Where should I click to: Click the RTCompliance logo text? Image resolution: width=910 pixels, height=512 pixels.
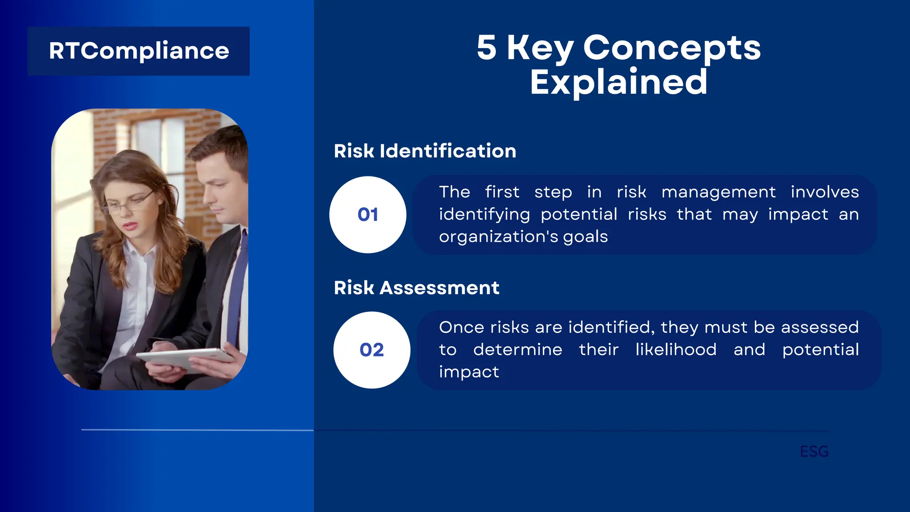coord(139,51)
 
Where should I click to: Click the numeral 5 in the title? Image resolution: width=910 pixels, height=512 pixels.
coord(486,48)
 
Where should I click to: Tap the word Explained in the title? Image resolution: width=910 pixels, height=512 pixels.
coord(619,82)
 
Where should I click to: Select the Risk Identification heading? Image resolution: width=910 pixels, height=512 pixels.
coord(425,151)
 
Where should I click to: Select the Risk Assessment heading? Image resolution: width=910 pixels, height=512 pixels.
coord(416,288)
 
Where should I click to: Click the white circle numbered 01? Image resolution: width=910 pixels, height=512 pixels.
coord(367,215)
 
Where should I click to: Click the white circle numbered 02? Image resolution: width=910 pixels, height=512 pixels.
coord(371,350)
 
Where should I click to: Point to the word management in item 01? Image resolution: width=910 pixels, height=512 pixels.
coord(718,192)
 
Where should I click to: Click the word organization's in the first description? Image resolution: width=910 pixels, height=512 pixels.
coord(498,236)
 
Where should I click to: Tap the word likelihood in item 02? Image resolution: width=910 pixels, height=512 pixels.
coord(675,349)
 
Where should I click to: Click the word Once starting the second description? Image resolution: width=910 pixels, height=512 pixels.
coord(461,327)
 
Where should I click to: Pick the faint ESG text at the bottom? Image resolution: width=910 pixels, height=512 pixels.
coord(814,452)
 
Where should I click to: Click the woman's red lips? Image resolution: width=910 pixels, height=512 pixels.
coord(130,226)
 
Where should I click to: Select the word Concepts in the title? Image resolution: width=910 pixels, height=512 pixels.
coord(671,48)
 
